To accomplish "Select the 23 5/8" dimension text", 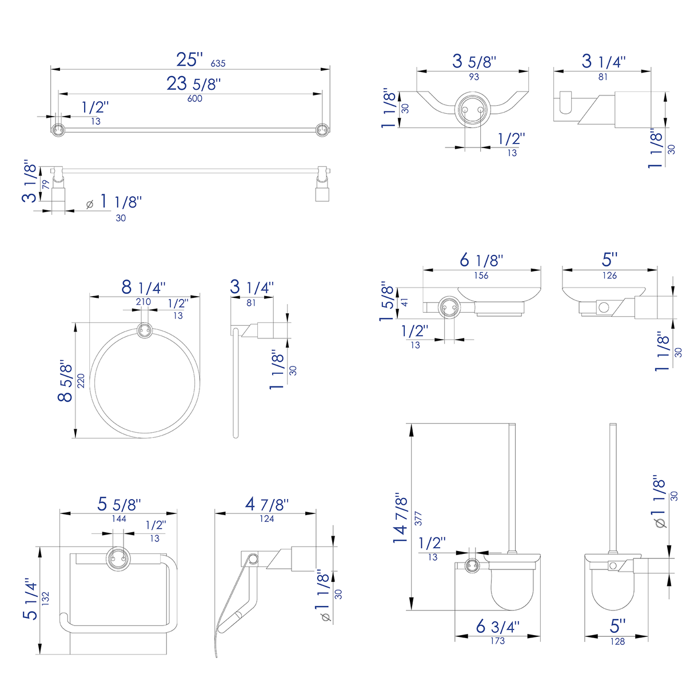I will (x=193, y=84).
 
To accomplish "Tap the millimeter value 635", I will (x=218, y=64).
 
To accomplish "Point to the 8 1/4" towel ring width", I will (x=143, y=288).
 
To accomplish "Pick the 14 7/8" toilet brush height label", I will (x=401, y=517).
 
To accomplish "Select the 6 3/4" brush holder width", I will (x=497, y=627).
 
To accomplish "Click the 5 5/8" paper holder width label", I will (x=118, y=504).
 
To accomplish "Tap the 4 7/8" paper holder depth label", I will (x=266, y=504).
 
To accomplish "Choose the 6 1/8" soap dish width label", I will (x=481, y=261).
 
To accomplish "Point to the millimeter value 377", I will (x=418, y=518).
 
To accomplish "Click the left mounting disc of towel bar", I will (x=57, y=130).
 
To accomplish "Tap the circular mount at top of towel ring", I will (x=145, y=330).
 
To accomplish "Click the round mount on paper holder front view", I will (x=118, y=555).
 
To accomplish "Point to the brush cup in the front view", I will (x=512, y=589).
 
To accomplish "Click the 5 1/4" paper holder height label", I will (x=30, y=599).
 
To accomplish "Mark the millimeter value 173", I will (x=497, y=641).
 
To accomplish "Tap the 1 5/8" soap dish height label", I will (x=388, y=301).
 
